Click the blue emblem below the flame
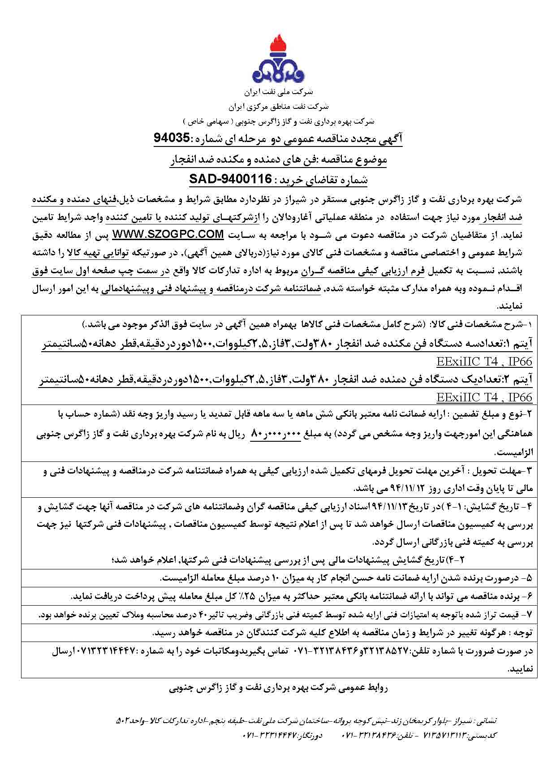pyautogui.click(x=277, y=72)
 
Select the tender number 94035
pyautogui.click(x=172, y=139)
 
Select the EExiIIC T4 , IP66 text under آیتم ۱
pyautogui.click(x=484, y=362)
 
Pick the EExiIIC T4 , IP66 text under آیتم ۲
pyautogui.click(x=484, y=397)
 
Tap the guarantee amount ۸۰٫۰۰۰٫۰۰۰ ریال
pyautogui.click(x=278, y=434)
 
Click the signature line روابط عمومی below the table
pyautogui.click(x=278, y=688)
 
